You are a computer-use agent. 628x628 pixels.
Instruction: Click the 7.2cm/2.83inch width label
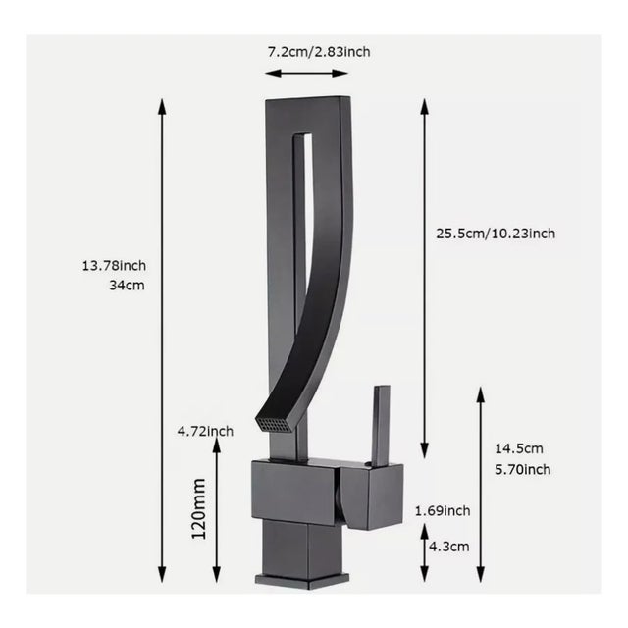pos(318,51)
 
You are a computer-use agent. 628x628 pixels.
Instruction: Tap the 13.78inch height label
pos(115,265)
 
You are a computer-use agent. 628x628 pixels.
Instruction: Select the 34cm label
pos(128,287)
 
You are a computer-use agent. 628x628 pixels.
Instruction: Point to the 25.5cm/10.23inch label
pos(496,233)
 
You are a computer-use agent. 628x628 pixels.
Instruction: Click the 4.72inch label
pos(204,431)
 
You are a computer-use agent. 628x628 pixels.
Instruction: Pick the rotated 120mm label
pos(199,509)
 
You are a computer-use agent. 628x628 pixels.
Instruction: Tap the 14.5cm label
pos(522,447)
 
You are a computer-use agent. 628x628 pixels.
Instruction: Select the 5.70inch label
pos(522,469)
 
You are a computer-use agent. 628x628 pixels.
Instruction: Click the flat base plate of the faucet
pos(294,578)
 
